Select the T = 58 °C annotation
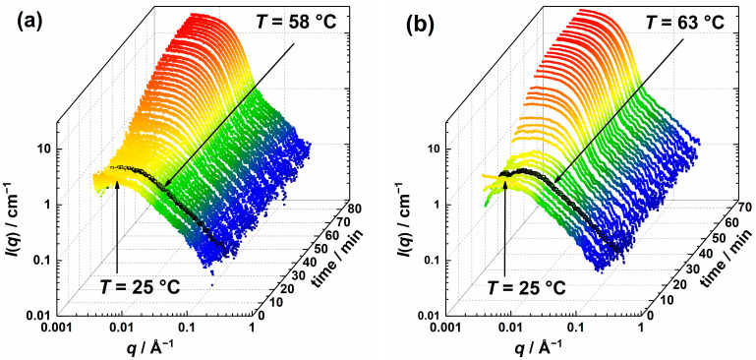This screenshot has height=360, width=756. (295, 20)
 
